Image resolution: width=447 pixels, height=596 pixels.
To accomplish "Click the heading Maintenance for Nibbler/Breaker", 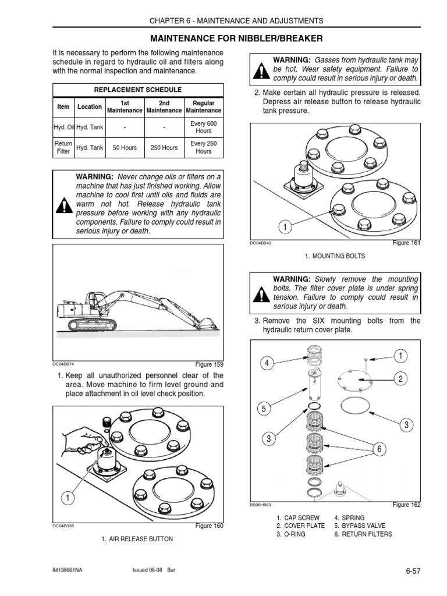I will pyautogui.click(x=236, y=38).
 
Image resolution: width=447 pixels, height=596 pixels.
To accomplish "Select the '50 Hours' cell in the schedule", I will pyautogui.click(x=125, y=148).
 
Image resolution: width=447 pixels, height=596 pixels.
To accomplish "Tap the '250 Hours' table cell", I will pyautogui.click(x=164, y=148).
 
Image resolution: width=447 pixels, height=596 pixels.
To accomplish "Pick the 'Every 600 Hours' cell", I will pyautogui.click(x=203, y=127).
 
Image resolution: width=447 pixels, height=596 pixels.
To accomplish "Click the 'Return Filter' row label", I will pyautogui.click(x=63, y=148).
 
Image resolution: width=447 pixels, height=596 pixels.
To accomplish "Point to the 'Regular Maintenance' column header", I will pyautogui.click(x=203, y=107).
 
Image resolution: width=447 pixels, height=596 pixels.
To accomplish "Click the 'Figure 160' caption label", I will pyautogui.click(x=210, y=526).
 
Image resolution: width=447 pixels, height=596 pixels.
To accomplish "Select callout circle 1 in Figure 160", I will pyautogui.click(x=68, y=498).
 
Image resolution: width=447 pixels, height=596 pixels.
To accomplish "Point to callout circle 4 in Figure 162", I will pyautogui.click(x=267, y=364).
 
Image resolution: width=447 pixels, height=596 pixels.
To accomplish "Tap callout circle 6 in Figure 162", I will pyautogui.click(x=379, y=449).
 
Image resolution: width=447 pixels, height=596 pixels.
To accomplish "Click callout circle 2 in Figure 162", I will pyautogui.click(x=400, y=379).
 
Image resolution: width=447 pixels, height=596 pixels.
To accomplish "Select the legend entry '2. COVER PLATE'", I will pyautogui.click(x=300, y=526).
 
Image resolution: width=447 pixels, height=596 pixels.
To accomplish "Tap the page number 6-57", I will pyautogui.click(x=413, y=572).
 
